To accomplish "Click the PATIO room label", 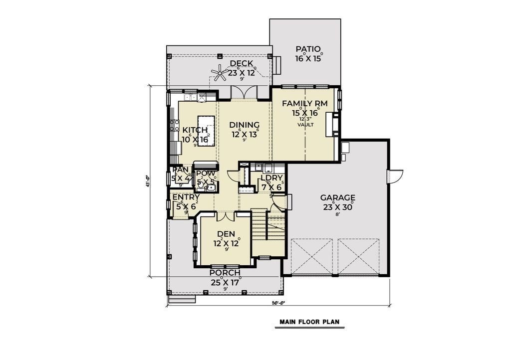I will pyautogui.click(x=307, y=49).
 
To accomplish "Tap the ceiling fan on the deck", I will pyautogui.click(x=218, y=74).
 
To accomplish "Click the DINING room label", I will pyautogui.click(x=245, y=125).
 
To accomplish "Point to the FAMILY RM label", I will pyautogui.click(x=305, y=104).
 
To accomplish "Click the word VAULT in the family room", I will pyautogui.click(x=305, y=125).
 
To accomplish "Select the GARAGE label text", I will pyautogui.click(x=338, y=197).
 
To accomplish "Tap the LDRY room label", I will pyautogui.click(x=272, y=178).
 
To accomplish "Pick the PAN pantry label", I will pyautogui.click(x=180, y=170).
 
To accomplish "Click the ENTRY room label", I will pyautogui.click(x=186, y=197).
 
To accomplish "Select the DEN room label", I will pyautogui.click(x=226, y=233).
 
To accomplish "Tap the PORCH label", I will pyautogui.click(x=225, y=273).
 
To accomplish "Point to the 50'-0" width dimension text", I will pyautogui.click(x=277, y=303).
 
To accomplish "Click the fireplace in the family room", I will pyautogui.click(x=331, y=125).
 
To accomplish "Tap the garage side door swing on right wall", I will pyautogui.click(x=395, y=176).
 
